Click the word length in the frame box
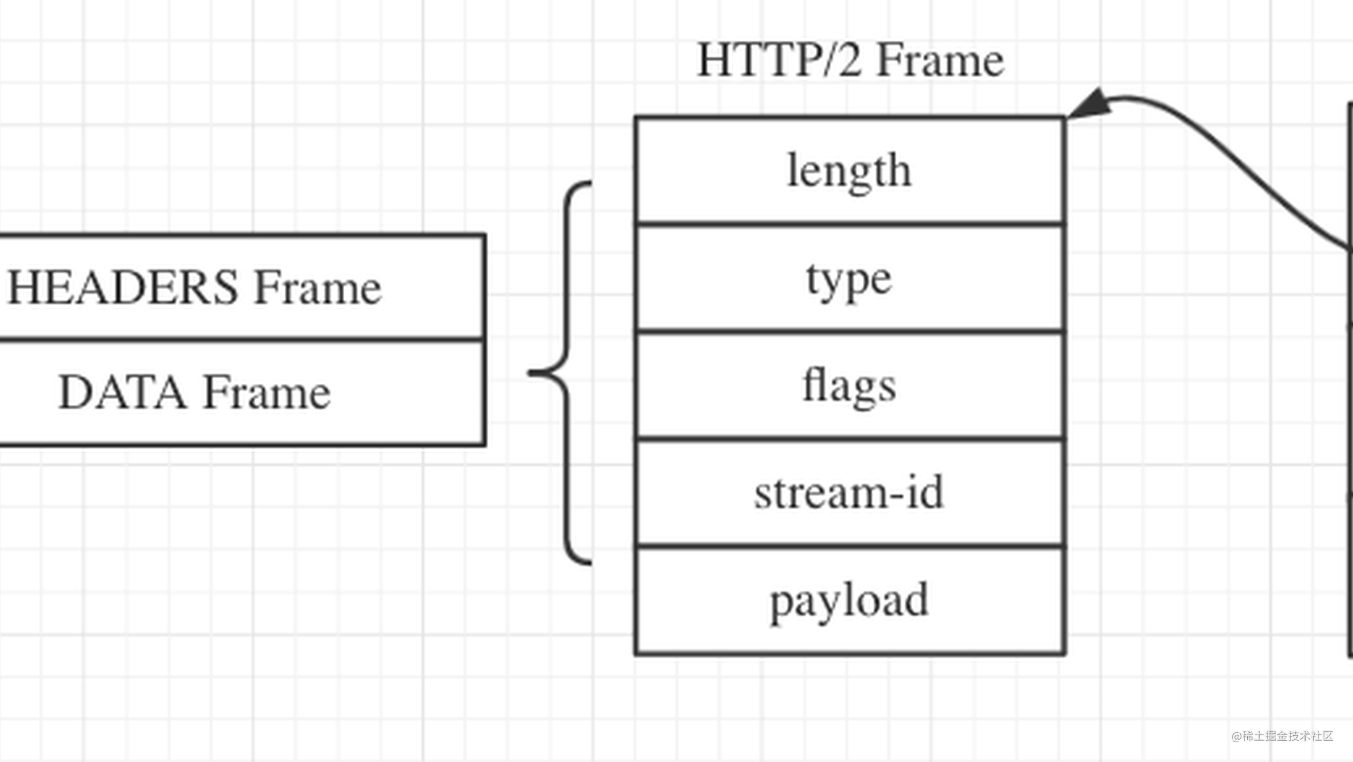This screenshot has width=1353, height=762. click(x=849, y=171)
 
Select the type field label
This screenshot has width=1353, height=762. click(x=849, y=279)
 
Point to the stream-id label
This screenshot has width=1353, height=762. click(x=849, y=493)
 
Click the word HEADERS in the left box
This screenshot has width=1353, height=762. click(x=122, y=287)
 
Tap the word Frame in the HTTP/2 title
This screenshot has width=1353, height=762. click(x=941, y=61)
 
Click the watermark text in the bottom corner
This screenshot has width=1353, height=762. click(x=1282, y=736)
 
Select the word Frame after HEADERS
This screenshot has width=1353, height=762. click(x=317, y=287)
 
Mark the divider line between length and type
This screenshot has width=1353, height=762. click(x=849, y=224)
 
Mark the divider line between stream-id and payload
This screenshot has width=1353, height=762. click(x=849, y=546)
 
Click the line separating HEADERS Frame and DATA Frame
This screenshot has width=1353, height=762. click(x=242, y=339)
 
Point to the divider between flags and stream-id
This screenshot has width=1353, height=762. click(x=849, y=439)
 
